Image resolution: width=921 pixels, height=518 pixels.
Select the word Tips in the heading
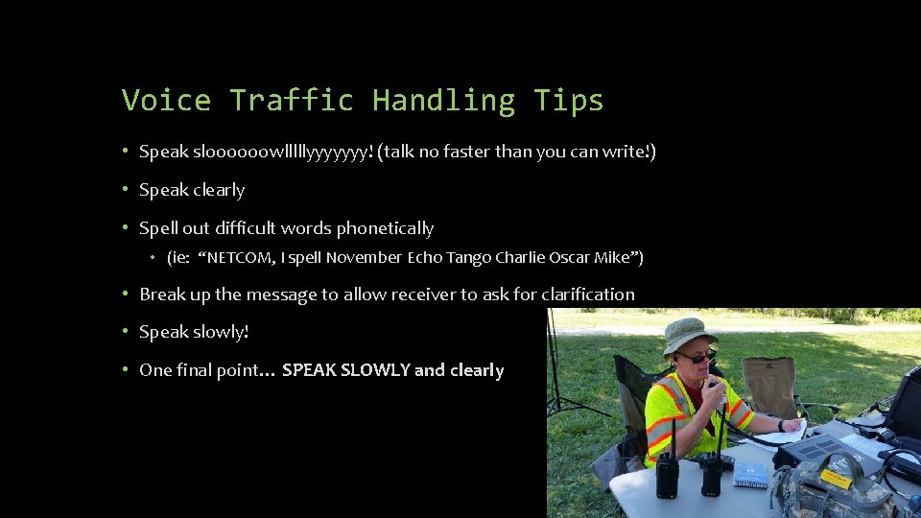pos(569,100)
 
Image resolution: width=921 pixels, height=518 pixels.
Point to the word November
pos(364,257)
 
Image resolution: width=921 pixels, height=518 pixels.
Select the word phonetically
pos(384,228)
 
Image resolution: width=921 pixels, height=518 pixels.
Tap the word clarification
pos(587,294)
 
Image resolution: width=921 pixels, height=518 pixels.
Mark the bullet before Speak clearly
pos(127,190)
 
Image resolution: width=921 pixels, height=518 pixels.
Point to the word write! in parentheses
pos(627,152)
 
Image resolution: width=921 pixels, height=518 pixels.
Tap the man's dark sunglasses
pos(695,357)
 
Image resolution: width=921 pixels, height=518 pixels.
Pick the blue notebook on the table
pos(750,474)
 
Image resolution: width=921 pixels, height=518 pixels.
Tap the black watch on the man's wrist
pos(781,425)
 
